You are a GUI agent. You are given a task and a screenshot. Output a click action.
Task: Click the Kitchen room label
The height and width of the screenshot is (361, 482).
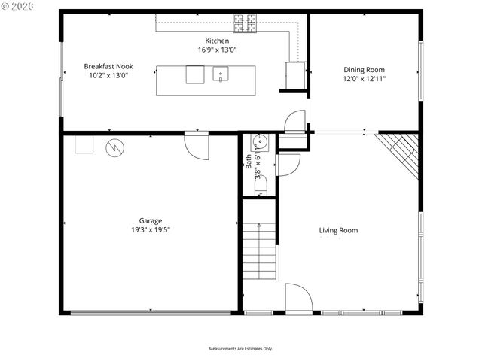pyautogui.click(x=218, y=41)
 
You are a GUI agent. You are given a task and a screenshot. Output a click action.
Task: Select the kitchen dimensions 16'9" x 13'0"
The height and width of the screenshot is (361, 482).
pyautogui.click(x=218, y=50)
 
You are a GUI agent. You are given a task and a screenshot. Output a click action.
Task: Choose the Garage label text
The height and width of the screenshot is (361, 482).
pyautogui.click(x=149, y=221)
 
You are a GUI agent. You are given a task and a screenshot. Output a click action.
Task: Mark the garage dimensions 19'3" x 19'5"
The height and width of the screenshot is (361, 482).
pyautogui.click(x=149, y=230)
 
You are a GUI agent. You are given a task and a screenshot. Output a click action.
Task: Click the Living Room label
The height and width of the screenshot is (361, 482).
pyautogui.click(x=338, y=230)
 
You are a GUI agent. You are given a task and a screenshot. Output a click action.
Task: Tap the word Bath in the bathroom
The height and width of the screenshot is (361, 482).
pyautogui.click(x=249, y=161)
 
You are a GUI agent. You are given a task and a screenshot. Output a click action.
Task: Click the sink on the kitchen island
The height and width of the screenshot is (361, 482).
pyautogui.click(x=220, y=74)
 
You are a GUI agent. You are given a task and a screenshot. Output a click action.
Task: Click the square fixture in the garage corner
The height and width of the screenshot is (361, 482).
pyautogui.click(x=83, y=144)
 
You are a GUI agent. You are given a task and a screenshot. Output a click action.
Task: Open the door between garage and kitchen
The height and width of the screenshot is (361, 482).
pyautogui.click(x=197, y=145)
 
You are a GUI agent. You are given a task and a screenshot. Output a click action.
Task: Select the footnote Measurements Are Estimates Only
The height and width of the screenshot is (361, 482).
pyautogui.click(x=240, y=348)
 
